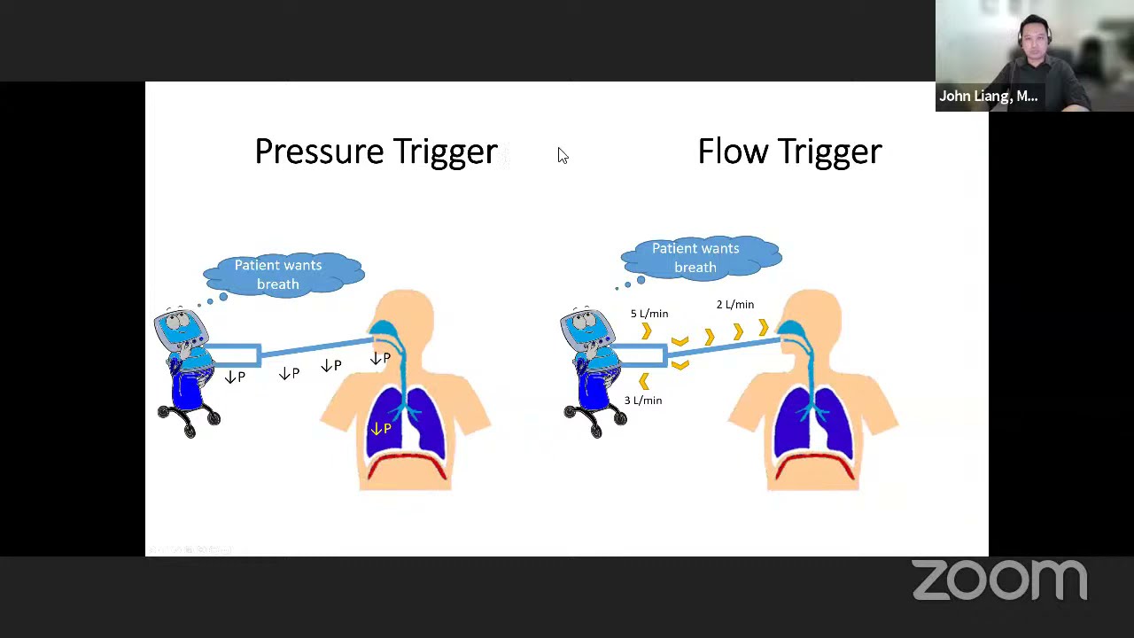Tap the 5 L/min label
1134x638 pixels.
pos(649,314)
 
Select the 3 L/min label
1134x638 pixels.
pos(643,401)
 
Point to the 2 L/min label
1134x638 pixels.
pos(735,305)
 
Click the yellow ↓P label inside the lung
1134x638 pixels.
pos(381,429)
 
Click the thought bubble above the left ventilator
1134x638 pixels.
pos(282,274)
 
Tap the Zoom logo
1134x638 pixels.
pos(999,580)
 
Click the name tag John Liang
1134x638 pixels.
pos(988,97)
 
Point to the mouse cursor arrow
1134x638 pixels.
pos(562,156)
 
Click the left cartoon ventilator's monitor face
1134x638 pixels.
pos(181,327)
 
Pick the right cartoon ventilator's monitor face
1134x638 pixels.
pos(586,327)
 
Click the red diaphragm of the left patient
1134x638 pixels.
pos(408,462)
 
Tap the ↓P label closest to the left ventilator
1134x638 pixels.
pos(235,377)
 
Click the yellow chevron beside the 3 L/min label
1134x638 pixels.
pos(644,381)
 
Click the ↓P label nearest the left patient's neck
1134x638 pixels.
pos(380,359)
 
